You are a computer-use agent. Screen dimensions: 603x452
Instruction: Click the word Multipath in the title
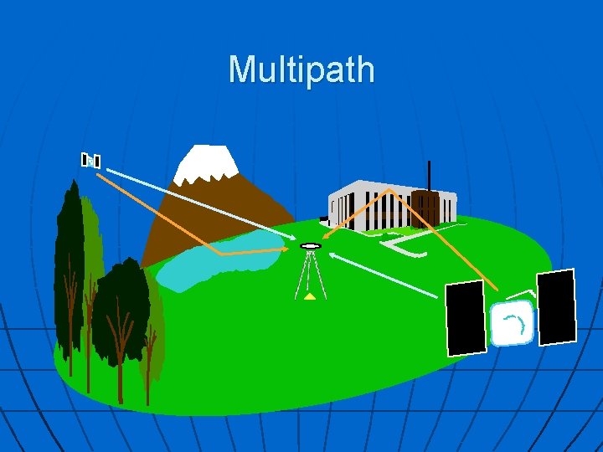301,69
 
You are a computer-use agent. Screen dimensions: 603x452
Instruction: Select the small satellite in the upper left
90,160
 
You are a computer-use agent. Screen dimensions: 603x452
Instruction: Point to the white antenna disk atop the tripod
310,246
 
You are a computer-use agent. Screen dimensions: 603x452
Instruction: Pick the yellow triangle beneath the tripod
311,295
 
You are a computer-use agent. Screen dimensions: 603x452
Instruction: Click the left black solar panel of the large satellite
465,317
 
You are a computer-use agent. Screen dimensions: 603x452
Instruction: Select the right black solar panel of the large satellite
556,307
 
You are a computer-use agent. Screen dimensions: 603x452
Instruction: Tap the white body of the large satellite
510,325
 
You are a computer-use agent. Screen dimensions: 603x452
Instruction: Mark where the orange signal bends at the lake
220,252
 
